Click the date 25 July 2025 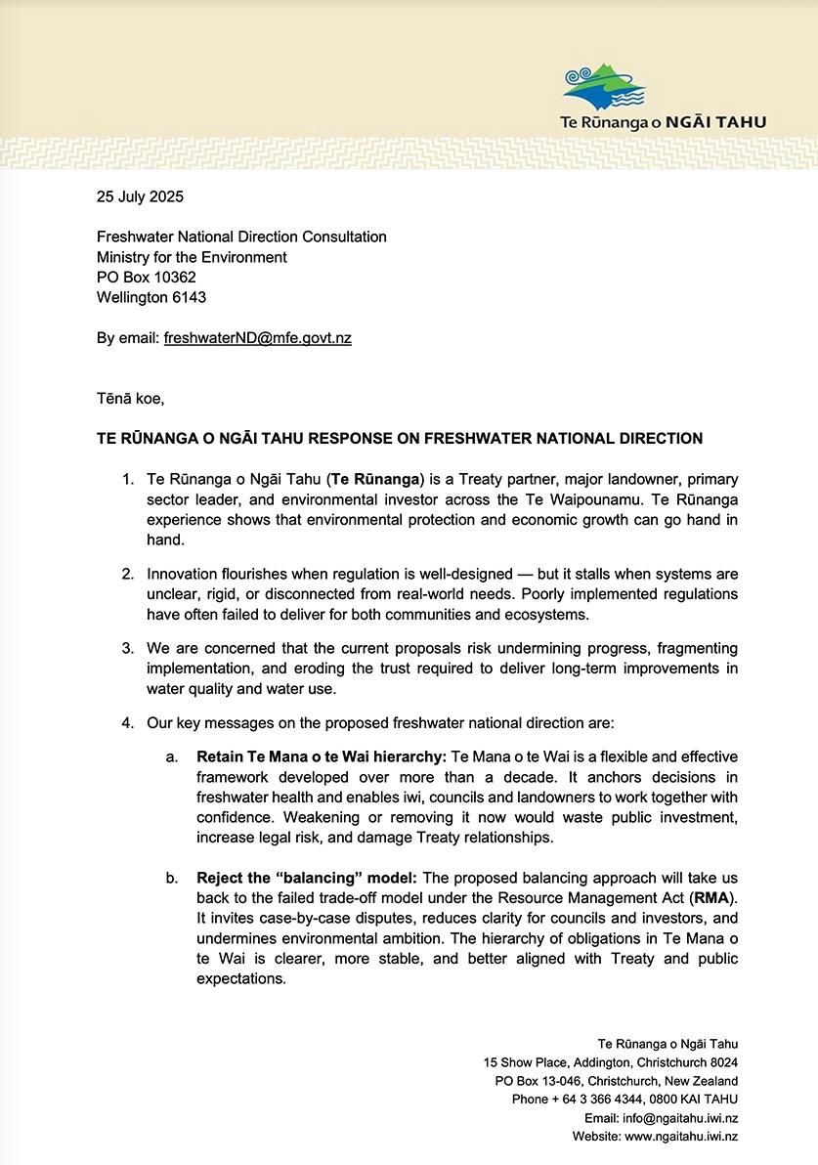(140, 196)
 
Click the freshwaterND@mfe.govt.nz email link (258, 338)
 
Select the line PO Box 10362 (146, 278)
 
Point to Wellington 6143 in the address (151, 298)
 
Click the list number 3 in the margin (127, 648)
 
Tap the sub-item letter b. (171, 879)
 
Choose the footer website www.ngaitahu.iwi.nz (681, 1137)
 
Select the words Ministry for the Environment (192, 257)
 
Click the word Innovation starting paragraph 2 (181, 574)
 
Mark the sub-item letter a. (171, 757)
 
